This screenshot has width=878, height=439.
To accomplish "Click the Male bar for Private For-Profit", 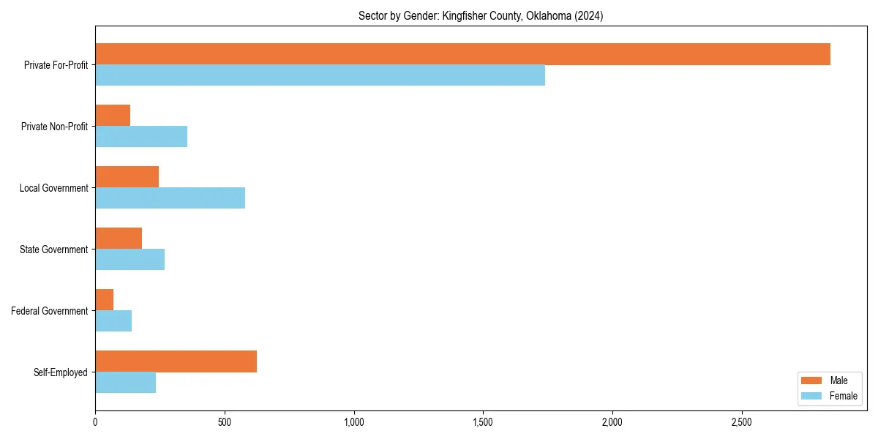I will (x=462, y=54).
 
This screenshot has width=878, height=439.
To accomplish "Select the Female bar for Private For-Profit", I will (x=320, y=75).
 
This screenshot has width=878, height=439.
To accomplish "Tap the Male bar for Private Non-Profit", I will (x=113, y=116).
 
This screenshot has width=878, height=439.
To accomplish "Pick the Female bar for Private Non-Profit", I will (x=141, y=137).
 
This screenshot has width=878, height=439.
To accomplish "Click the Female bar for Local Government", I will (x=170, y=198).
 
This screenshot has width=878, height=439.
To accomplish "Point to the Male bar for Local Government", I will (x=127, y=177).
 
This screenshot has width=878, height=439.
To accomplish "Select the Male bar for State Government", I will (x=119, y=239).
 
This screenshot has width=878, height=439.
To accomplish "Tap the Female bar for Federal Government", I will (x=113, y=321).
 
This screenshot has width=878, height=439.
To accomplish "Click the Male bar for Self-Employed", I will (x=176, y=361).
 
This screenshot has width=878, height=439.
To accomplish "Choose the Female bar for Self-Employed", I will (x=125, y=383).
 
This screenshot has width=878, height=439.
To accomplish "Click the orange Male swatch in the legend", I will (x=812, y=380).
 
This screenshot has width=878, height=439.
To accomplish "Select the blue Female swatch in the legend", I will (x=812, y=396).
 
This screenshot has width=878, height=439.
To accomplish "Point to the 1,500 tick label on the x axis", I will (x=483, y=422).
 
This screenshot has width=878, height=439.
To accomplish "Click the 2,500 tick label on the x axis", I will (x=742, y=422).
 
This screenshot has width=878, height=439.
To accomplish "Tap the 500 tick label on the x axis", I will (x=225, y=422).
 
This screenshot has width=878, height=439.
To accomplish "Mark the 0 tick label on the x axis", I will (x=95, y=422).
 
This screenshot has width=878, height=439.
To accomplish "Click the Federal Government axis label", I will (x=50, y=311).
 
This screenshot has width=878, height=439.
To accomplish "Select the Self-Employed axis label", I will (x=61, y=372).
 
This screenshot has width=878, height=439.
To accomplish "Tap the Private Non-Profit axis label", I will (x=54, y=127).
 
